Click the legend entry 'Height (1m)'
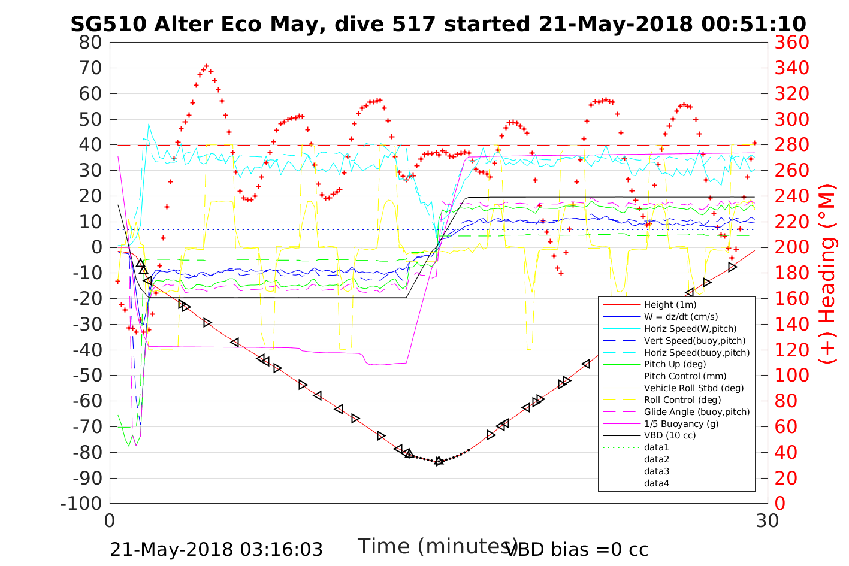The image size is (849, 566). pos(670,305)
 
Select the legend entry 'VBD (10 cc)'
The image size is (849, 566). pos(670,435)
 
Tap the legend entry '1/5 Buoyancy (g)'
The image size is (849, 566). pos(681,423)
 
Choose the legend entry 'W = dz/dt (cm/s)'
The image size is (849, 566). pos(681,317)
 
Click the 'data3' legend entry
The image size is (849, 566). pos(656,471)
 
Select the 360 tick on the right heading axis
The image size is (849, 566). pos(791,43)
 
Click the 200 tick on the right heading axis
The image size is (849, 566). pos(791,247)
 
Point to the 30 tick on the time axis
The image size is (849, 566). pos(767,521)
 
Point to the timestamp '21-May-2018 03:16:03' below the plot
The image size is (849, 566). pos(216,549)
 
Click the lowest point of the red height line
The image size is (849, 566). pos(439,461)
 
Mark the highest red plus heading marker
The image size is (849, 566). pos(206,66)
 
